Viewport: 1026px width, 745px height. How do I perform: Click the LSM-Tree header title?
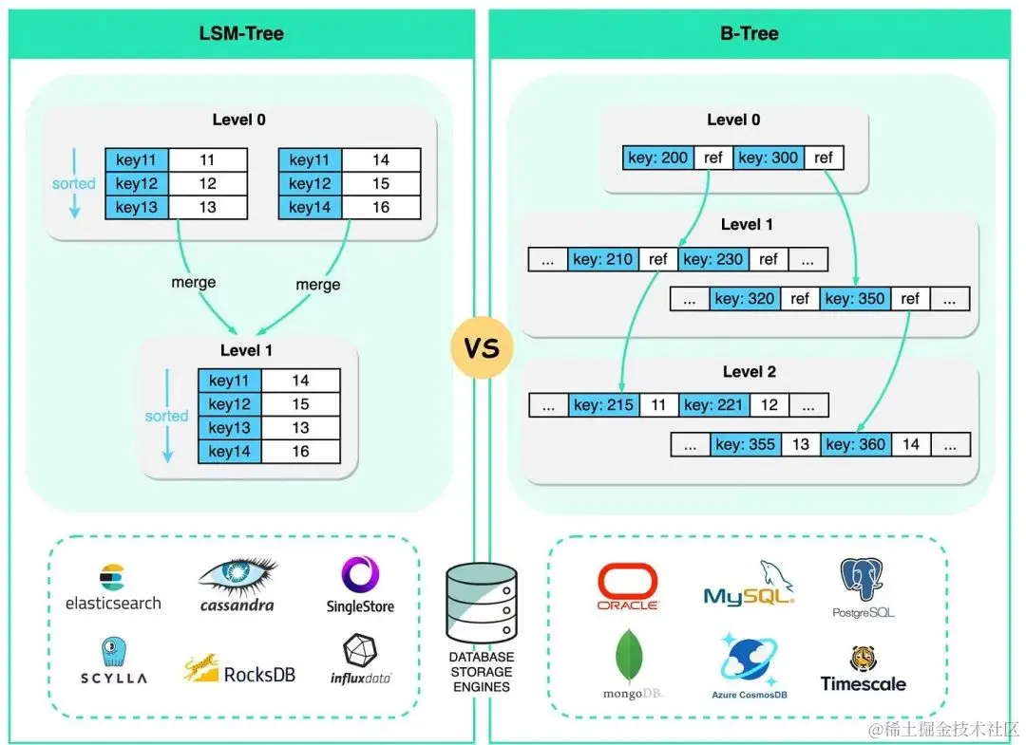click(x=242, y=33)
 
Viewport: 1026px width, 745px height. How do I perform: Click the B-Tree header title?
click(x=750, y=33)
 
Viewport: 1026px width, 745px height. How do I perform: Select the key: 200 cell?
click(x=658, y=158)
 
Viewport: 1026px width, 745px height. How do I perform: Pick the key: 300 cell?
click(x=769, y=158)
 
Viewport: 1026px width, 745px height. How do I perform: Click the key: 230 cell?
click(x=713, y=259)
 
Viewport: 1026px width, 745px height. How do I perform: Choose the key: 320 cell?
click(x=746, y=299)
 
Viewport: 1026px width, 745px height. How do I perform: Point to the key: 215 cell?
click(x=603, y=405)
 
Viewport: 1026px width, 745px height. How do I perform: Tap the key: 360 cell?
click(x=855, y=444)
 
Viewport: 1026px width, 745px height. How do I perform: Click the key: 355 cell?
click(x=746, y=444)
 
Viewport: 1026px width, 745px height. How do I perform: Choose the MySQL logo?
click(x=750, y=585)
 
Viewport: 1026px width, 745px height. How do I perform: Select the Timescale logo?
click(x=864, y=670)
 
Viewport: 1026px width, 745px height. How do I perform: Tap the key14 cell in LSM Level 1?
click(x=230, y=452)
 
